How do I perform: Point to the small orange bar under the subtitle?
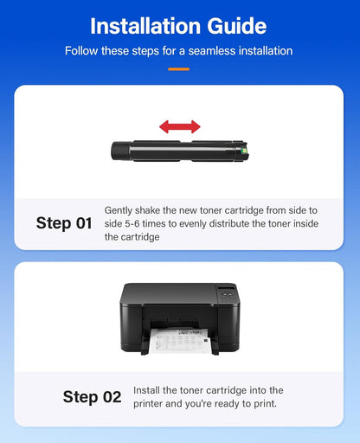[179, 68]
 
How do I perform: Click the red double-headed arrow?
[179, 126]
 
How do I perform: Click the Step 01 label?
[64, 223]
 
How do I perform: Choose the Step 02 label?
[93, 397]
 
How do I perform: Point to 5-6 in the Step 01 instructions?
[133, 223]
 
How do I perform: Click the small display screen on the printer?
[226, 288]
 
